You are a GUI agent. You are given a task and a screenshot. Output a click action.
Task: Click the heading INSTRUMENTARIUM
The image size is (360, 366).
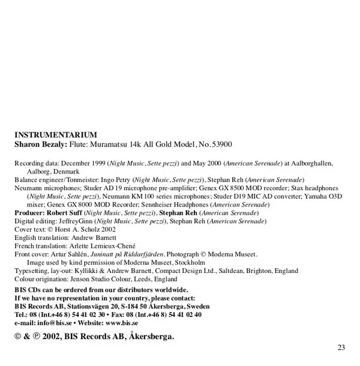pos(55,135)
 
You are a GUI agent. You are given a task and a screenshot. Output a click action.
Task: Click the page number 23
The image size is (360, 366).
pos(341,347)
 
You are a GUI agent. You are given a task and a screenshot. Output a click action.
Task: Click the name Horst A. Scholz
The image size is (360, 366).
pos(82,229)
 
